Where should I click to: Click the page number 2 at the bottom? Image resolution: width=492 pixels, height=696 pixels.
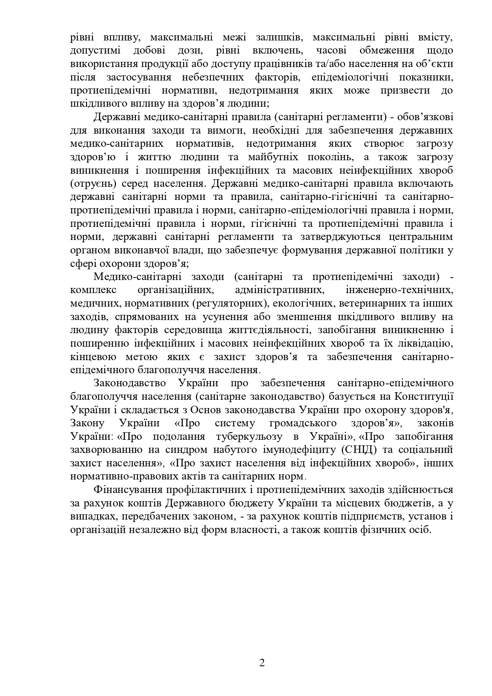[x=262, y=663]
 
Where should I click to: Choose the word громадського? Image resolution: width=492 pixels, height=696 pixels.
[x=303, y=423]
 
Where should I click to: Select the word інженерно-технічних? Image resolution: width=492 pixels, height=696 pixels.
[x=400, y=290]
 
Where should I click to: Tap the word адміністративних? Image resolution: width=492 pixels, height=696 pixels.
[x=280, y=290]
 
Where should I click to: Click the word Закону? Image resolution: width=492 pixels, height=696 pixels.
[x=87, y=423]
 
